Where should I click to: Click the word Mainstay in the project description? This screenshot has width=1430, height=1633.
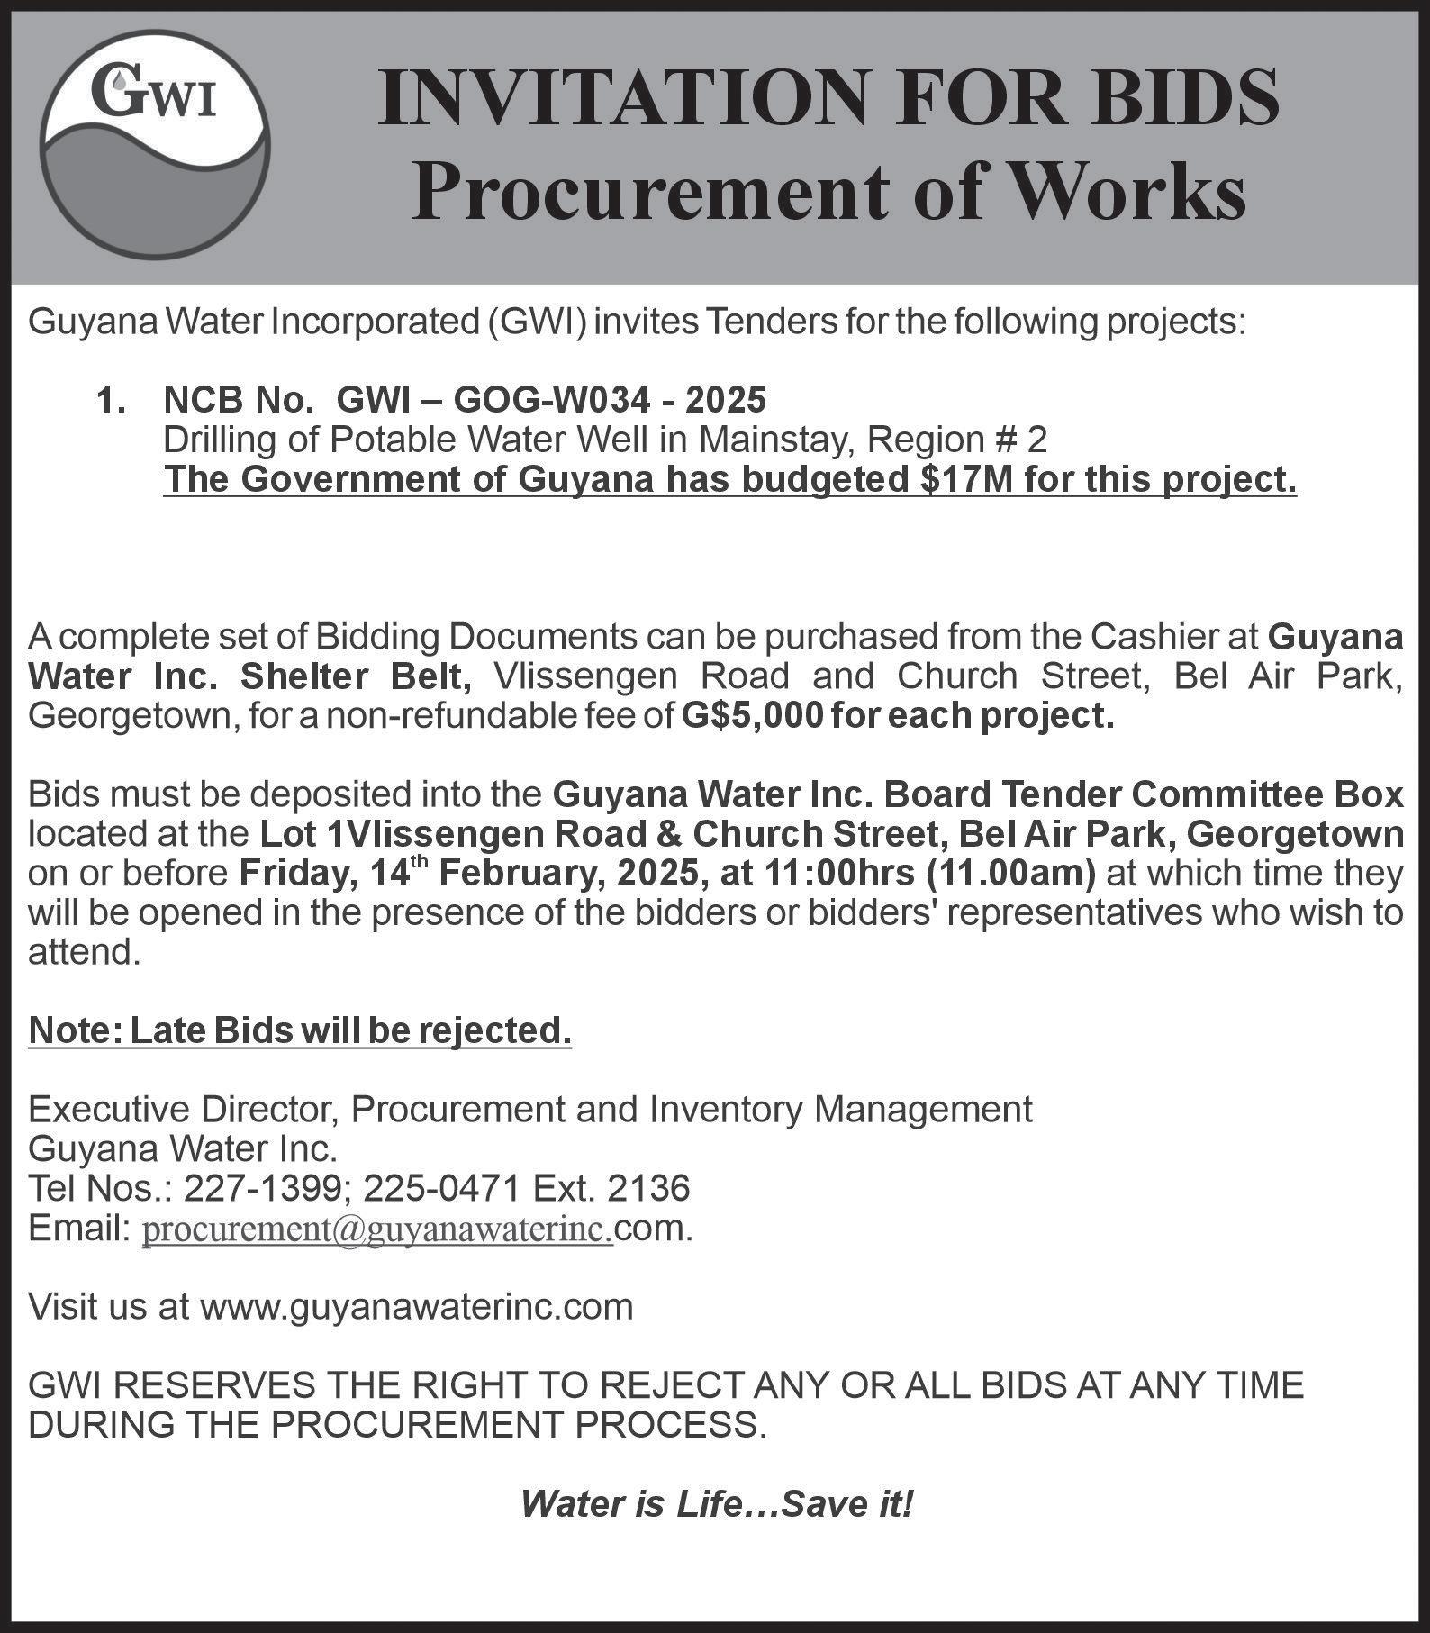pos(781,440)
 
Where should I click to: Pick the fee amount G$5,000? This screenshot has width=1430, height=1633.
pos(751,716)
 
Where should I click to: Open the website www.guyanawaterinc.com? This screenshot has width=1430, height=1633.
pos(416,1306)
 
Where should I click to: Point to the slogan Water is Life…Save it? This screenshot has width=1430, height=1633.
pos(716,1503)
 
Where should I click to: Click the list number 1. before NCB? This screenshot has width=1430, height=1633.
pos(112,399)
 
